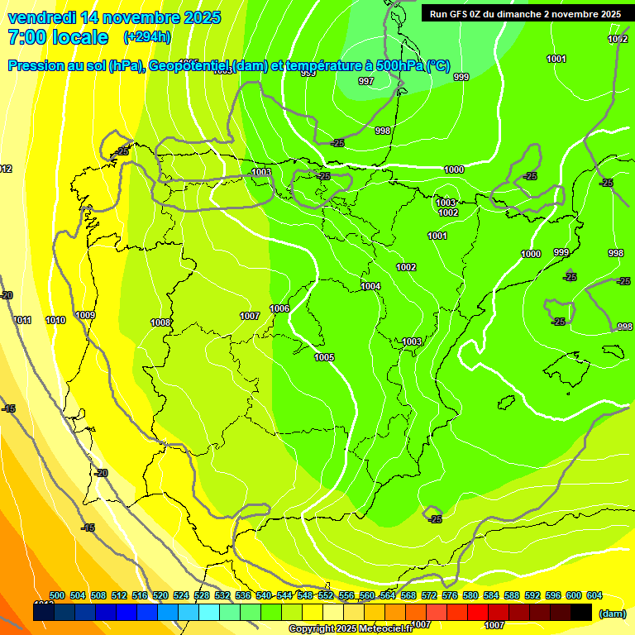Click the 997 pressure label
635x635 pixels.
point(366,81)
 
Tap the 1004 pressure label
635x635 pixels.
point(370,286)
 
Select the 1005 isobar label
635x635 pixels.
point(324,357)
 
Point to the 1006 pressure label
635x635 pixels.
point(279,308)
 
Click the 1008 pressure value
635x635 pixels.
point(160,322)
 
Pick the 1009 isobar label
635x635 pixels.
point(85,315)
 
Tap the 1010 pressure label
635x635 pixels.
point(55,320)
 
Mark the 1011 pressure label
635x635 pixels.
point(22,320)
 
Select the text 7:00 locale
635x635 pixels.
point(57,37)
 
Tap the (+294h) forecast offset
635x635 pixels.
point(147,37)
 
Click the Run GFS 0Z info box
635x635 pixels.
point(526,13)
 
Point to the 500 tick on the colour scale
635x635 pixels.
point(57,595)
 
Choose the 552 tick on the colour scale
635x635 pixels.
point(325,595)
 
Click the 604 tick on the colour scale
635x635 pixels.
point(594,595)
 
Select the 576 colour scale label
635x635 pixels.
point(449,595)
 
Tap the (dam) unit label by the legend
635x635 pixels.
point(612,613)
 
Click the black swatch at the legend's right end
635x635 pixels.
point(581,612)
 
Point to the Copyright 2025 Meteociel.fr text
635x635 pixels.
point(351,628)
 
